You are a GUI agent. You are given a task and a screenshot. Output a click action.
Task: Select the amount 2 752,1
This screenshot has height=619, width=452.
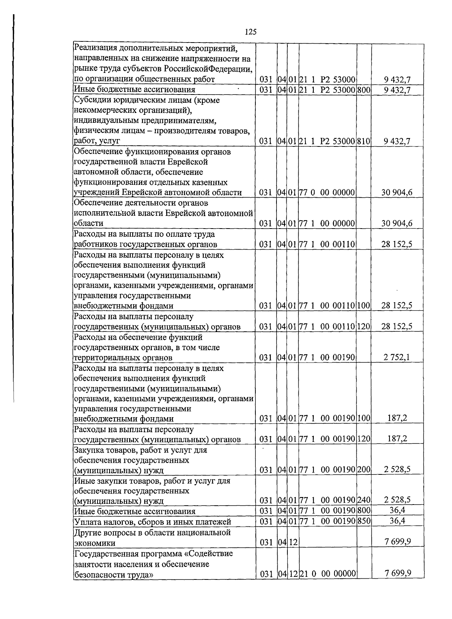click(x=396, y=357)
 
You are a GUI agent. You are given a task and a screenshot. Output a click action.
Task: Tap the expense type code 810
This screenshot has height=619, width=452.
click(x=364, y=141)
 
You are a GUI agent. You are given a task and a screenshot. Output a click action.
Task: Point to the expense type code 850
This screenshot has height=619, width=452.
click(x=364, y=521)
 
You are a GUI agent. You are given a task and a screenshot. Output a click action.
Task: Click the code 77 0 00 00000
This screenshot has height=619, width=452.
click(x=327, y=193)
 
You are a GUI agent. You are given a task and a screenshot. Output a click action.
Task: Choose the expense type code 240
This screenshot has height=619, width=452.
click(x=364, y=500)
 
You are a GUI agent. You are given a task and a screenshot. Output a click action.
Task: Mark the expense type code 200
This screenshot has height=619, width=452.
click(x=364, y=470)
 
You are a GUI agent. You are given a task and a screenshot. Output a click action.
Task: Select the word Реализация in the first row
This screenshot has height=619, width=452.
click(x=96, y=48)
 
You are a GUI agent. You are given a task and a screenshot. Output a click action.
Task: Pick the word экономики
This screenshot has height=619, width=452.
click(x=95, y=543)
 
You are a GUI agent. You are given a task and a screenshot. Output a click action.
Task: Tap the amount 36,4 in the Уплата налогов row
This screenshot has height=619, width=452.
click(x=397, y=521)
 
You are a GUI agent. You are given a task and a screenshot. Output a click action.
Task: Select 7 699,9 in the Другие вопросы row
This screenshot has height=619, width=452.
click(x=397, y=542)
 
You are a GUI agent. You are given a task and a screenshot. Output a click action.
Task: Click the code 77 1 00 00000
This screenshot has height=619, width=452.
click(x=327, y=224)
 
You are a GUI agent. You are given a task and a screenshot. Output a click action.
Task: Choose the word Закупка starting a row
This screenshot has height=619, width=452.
click(x=89, y=450)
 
